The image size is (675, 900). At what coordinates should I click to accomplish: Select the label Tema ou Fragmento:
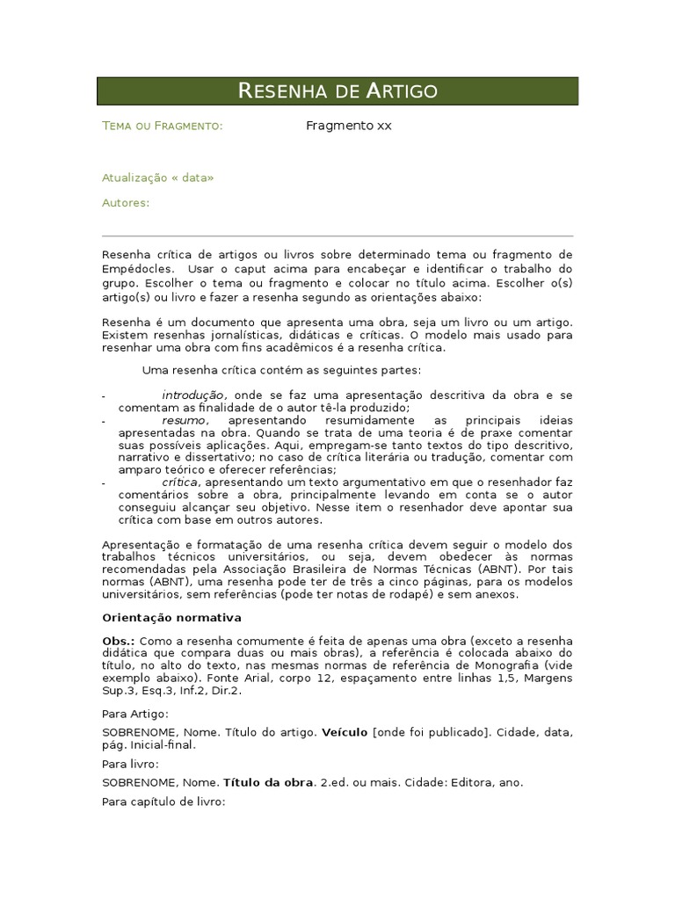pyautogui.click(x=163, y=126)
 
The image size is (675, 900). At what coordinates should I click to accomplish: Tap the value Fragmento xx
pyautogui.click(x=349, y=126)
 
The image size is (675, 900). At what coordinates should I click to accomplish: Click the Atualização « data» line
pyautogui.click(x=158, y=178)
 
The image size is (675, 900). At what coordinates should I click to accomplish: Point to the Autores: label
pyautogui.click(x=126, y=203)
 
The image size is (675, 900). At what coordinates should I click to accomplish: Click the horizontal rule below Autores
pyautogui.click(x=337, y=236)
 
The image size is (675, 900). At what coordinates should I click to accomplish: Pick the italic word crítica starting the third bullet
pyautogui.click(x=181, y=483)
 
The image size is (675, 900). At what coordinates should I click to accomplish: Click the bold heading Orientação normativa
pyautogui.click(x=171, y=618)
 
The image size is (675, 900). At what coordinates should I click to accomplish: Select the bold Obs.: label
pyautogui.click(x=119, y=642)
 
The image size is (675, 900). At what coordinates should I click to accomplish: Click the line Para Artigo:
pyautogui.click(x=135, y=715)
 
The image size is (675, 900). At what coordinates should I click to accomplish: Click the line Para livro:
pyautogui.click(x=130, y=765)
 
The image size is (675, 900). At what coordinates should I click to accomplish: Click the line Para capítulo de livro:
pyautogui.click(x=163, y=802)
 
